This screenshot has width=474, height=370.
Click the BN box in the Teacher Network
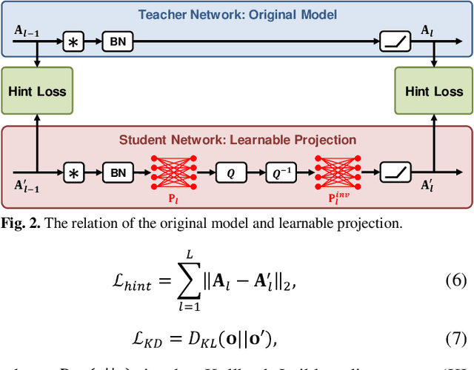[118, 42]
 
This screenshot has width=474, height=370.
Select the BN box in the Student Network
[118, 173]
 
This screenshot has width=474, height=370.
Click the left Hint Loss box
[36, 92]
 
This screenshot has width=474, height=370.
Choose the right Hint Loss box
[433, 92]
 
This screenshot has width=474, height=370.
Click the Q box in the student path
[230, 173]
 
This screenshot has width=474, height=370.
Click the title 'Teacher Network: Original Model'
[236, 13]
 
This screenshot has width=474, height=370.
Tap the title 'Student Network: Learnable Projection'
[237, 139]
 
